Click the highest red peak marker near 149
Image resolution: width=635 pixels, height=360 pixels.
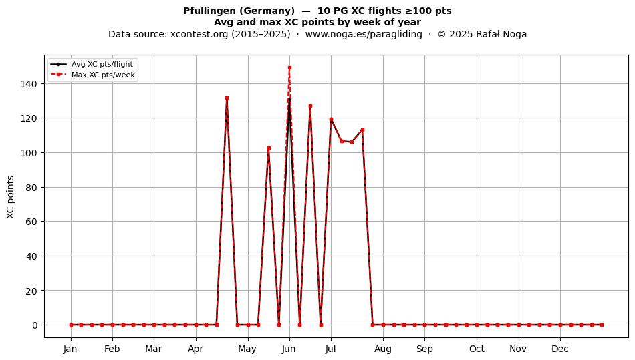tap(289, 68)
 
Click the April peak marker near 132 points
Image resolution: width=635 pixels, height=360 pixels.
tap(227, 98)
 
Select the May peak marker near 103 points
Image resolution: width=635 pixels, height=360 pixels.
tap(269, 148)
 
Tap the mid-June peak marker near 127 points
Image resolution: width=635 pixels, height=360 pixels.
tap(310, 106)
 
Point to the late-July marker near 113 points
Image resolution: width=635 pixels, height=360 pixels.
tap(362, 130)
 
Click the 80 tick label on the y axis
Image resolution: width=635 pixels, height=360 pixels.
tap(34, 187)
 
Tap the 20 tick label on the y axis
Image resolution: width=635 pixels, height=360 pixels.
tap(34, 291)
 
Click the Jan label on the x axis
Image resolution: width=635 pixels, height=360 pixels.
tap(70, 349)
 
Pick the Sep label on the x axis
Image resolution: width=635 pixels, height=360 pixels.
tap(424, 349)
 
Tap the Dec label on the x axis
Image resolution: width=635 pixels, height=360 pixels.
tap(560, 349)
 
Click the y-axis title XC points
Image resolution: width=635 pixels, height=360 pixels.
tap(11, 197)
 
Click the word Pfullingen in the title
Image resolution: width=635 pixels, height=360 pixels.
tap(206, 11)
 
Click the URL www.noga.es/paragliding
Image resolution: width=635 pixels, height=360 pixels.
tap(364, 34)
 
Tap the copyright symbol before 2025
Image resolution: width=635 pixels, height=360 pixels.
tap(441, 34)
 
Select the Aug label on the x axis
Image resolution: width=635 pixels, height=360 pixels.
tap(383, 349)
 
